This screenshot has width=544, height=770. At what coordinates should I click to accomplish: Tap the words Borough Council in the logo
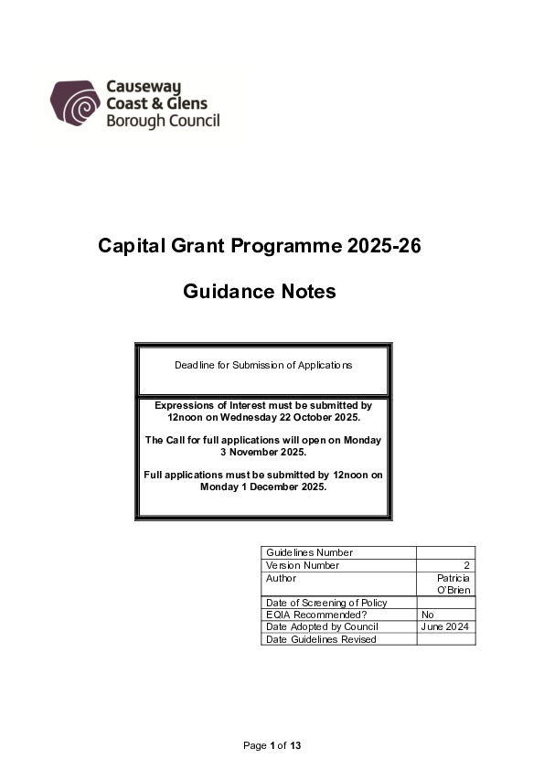tap(163, 121)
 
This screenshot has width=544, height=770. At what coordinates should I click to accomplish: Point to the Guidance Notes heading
tap(260, 292)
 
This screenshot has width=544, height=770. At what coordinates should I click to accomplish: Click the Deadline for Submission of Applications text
tap(263, 365)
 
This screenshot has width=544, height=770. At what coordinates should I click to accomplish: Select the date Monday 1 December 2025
tap(263, 487)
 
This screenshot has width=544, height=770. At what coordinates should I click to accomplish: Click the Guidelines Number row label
tap(309, 552)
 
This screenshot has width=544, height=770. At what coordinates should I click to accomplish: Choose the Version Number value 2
tap(467, 565)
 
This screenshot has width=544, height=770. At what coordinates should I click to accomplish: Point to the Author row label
tap(281, 578)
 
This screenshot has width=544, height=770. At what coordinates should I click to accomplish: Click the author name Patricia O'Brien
tap(453, 584)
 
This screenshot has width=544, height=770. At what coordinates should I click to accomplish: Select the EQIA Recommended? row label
tap(315, 615)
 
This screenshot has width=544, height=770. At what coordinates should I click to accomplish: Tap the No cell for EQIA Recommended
tap(428, 615)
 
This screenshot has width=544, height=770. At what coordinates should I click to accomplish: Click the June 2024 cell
tap(444, 626)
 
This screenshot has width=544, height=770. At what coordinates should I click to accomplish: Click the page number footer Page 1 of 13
tap(272, 746)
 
